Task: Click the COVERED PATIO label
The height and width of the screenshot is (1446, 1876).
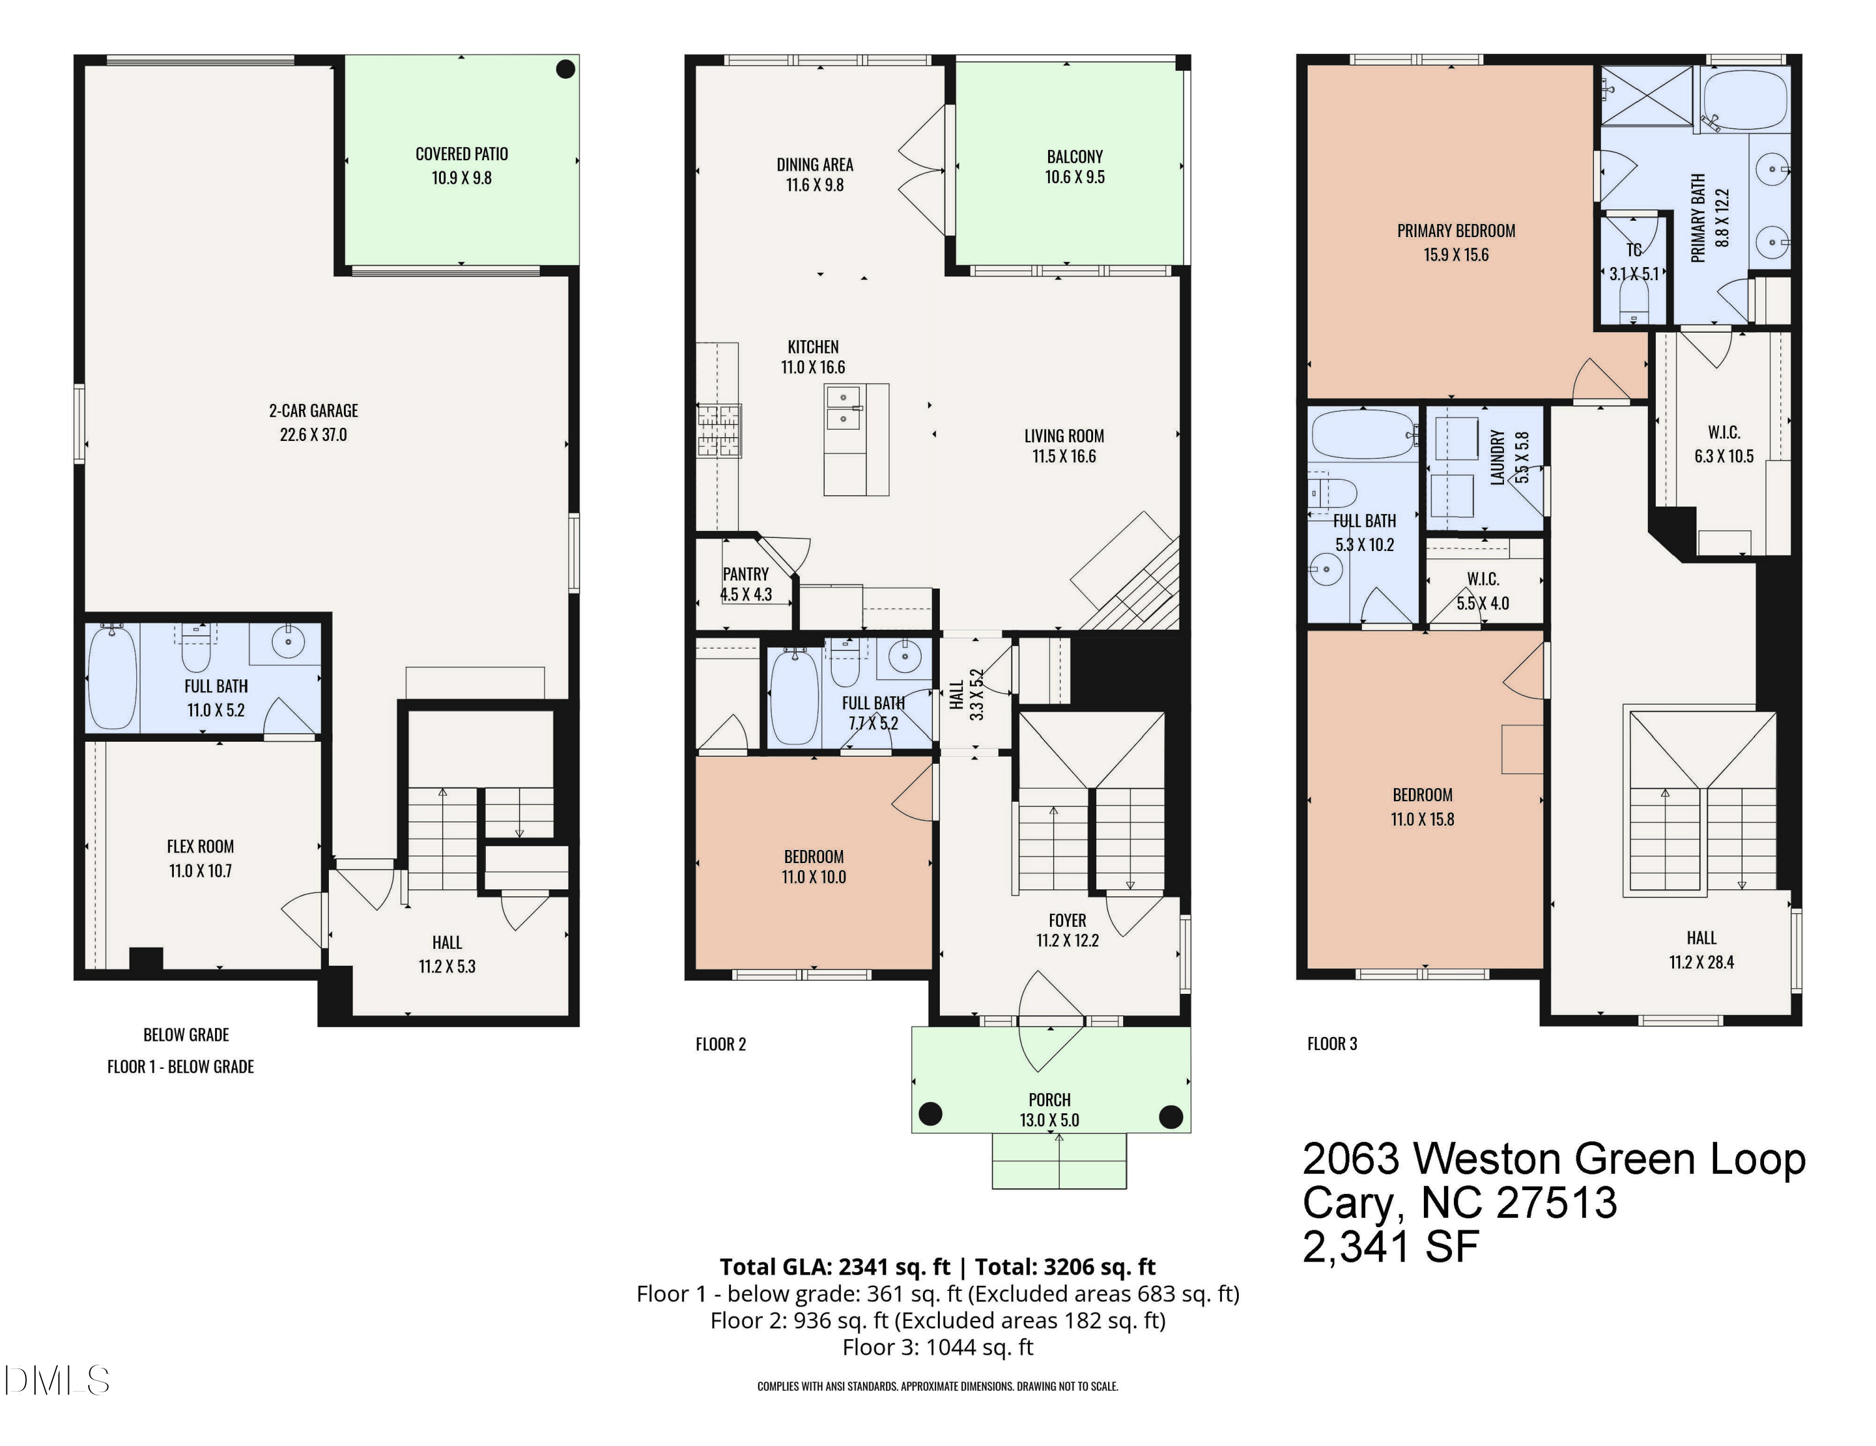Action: click(461, 154)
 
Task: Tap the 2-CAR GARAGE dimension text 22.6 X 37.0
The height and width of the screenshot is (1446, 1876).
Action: click(313, 435)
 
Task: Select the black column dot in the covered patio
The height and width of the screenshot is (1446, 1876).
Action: click(565, 69)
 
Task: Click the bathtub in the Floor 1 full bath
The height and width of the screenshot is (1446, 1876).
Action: click(112, 678)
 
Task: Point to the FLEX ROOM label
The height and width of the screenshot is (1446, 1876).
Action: click(200, 846)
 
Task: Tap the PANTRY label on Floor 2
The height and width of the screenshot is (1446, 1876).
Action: click(745, 574)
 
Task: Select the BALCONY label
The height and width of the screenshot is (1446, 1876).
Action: click(1074, 156)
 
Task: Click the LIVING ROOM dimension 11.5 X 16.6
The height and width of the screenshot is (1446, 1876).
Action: click(1064, 456)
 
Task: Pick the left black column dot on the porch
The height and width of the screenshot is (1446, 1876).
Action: click(930, 1115)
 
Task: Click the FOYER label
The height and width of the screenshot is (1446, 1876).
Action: click(1067, 920)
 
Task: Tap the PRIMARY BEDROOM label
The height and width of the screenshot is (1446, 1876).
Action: click(1456, 230)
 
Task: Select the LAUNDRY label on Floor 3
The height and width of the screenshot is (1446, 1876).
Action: click(1497, 458)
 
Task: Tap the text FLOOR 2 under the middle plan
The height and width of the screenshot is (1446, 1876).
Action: click(720, 1044)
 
